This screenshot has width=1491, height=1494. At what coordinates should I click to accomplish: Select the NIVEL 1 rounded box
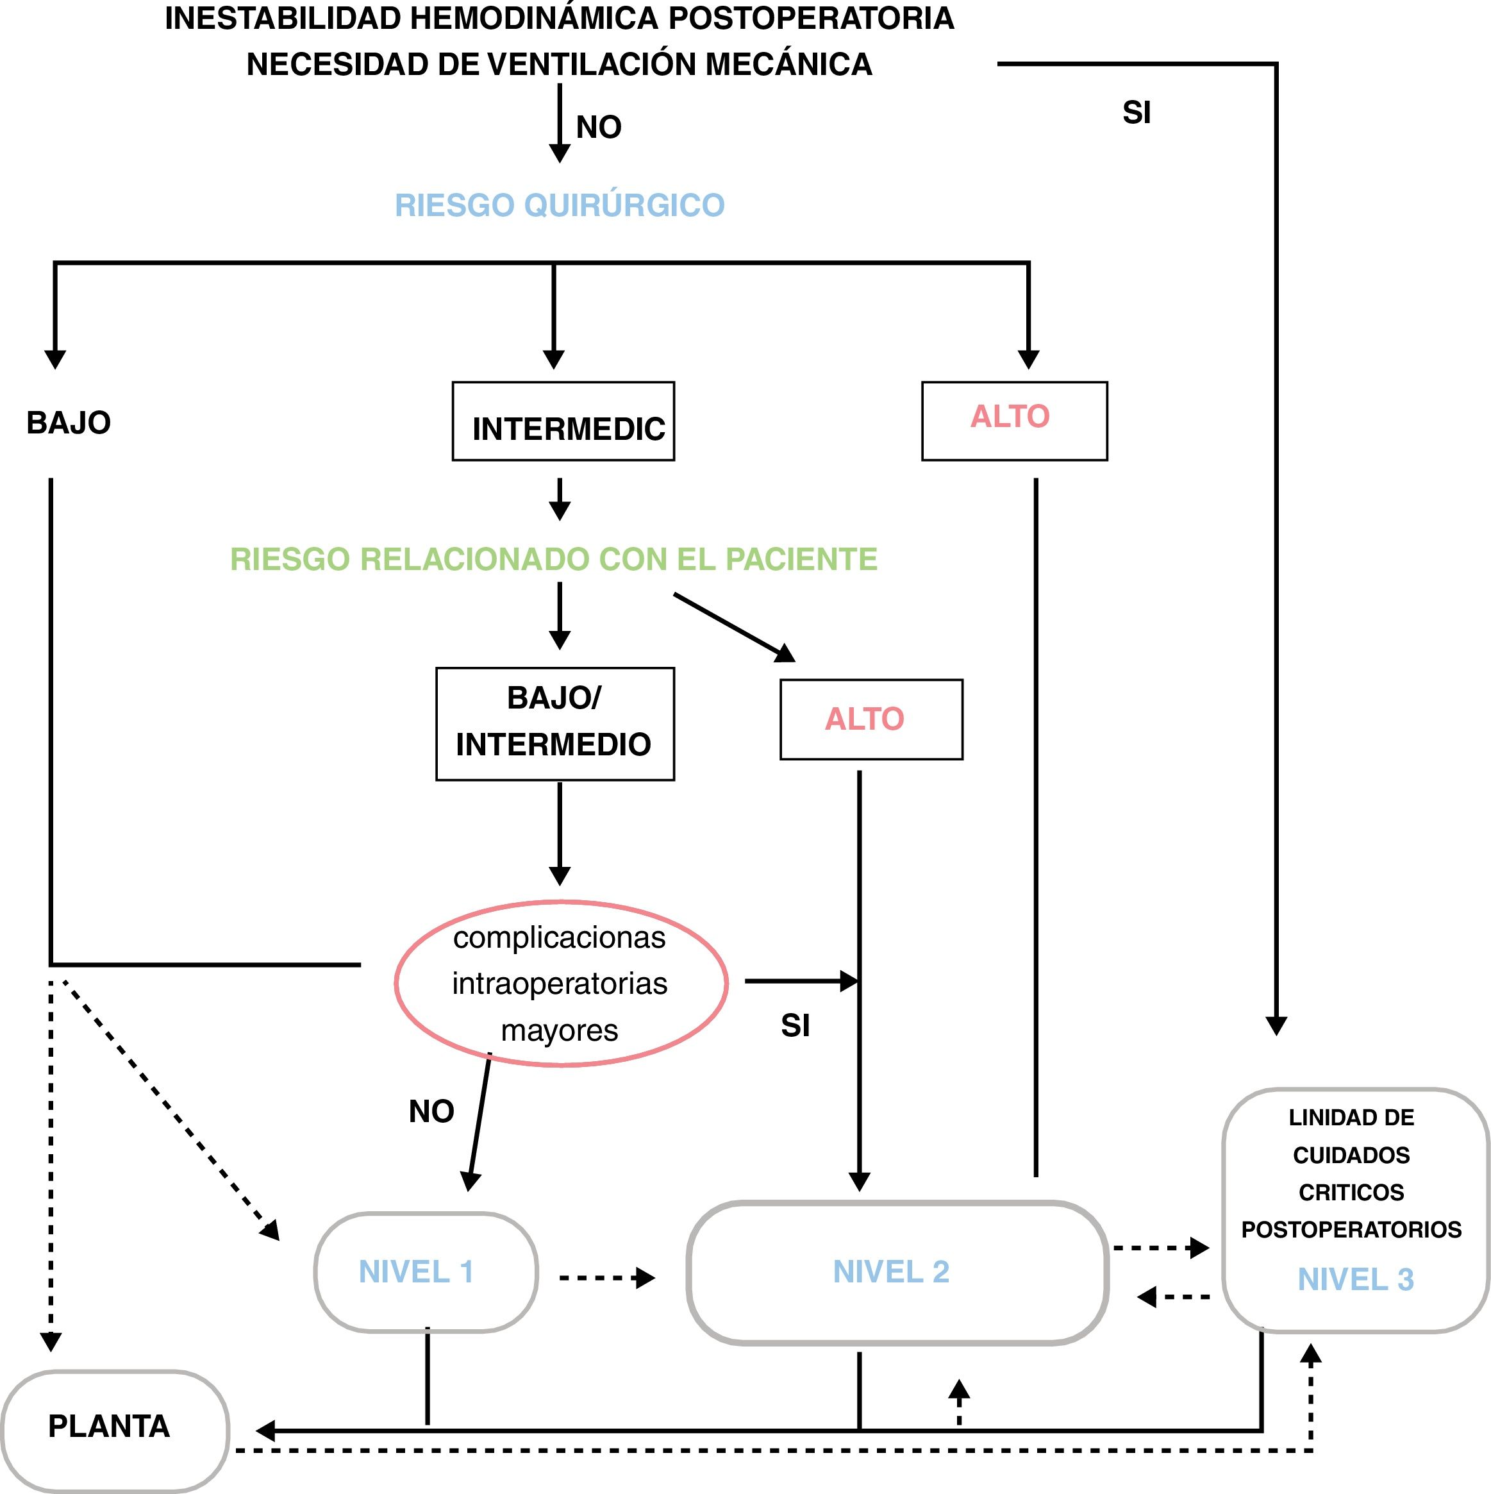425,1272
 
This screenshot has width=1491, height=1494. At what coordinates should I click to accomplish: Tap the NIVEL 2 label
890,1272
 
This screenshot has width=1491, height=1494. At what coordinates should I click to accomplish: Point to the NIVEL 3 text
1355,1280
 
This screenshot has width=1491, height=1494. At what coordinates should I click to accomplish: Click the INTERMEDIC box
563,421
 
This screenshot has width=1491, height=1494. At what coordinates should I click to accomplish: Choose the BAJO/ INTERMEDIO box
554,724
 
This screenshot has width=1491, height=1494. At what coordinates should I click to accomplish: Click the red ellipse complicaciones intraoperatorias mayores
560,984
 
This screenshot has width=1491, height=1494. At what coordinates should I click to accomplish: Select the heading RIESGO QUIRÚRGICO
560,205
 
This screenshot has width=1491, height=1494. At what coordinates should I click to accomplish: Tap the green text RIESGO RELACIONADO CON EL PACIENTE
553,559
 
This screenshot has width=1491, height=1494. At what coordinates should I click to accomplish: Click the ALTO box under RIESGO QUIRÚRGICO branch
1014,421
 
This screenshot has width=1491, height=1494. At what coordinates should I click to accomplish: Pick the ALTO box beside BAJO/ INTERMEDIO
871,719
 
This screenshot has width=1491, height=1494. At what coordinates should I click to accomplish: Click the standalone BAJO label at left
69,423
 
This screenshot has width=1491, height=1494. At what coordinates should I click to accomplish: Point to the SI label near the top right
1137,113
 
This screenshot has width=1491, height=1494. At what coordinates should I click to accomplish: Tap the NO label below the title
599,127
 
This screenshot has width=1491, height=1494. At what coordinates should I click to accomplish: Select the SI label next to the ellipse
795,1026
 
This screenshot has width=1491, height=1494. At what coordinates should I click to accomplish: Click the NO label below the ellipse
431,1111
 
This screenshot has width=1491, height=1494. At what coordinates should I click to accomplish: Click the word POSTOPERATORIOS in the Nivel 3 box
1351,1230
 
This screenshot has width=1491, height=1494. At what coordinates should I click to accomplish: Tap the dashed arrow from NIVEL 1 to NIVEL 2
607,1277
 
